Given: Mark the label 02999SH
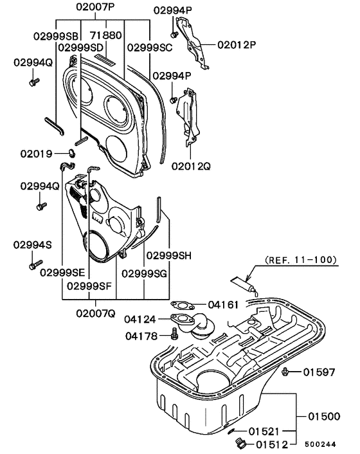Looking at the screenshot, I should point(168,255).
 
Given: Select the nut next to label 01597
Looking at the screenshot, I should point(285,371).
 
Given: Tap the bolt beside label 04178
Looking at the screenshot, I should point(174,334).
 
